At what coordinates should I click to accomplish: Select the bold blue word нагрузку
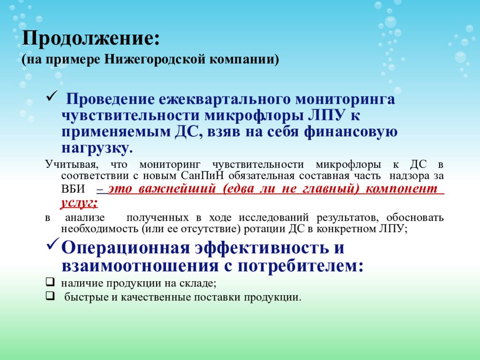pos(97,148)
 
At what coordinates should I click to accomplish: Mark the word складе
pos(199,284)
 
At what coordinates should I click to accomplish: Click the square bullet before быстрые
pos(50,296)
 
